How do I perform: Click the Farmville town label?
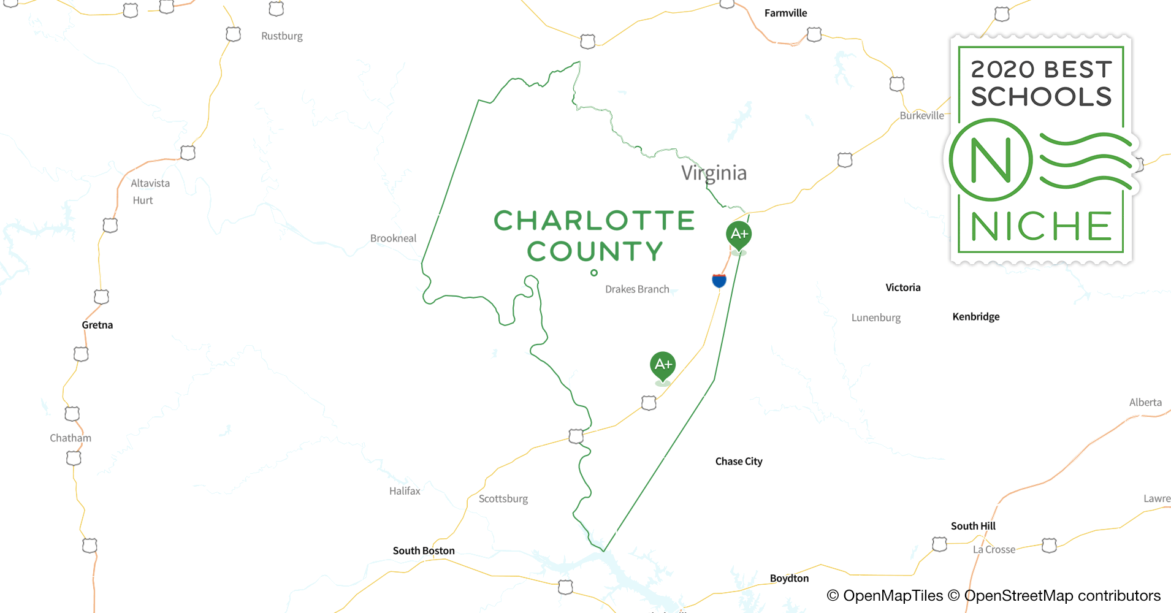(785, 13)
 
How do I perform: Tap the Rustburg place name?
(281, 36)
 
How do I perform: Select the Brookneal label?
(393, 238)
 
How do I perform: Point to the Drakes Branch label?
(637, 289)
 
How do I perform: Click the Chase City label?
(739, 462)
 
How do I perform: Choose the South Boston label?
(424, 550)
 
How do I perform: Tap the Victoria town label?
(902, 287)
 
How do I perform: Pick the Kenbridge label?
(975, 317)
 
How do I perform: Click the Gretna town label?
(97, 325)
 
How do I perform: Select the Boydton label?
(789, 578)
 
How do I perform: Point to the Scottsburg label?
(503, 499)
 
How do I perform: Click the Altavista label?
(150, 183)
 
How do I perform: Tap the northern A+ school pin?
(739, 234)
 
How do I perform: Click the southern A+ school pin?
(663, 365)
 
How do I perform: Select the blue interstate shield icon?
(719, 281)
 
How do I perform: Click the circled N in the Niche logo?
(991, 161)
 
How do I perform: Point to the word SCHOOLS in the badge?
(1041, 97)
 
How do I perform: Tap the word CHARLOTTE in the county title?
(594, 221)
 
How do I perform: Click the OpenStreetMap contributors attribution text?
(1062, 596)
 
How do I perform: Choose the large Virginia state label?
(714, 173)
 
